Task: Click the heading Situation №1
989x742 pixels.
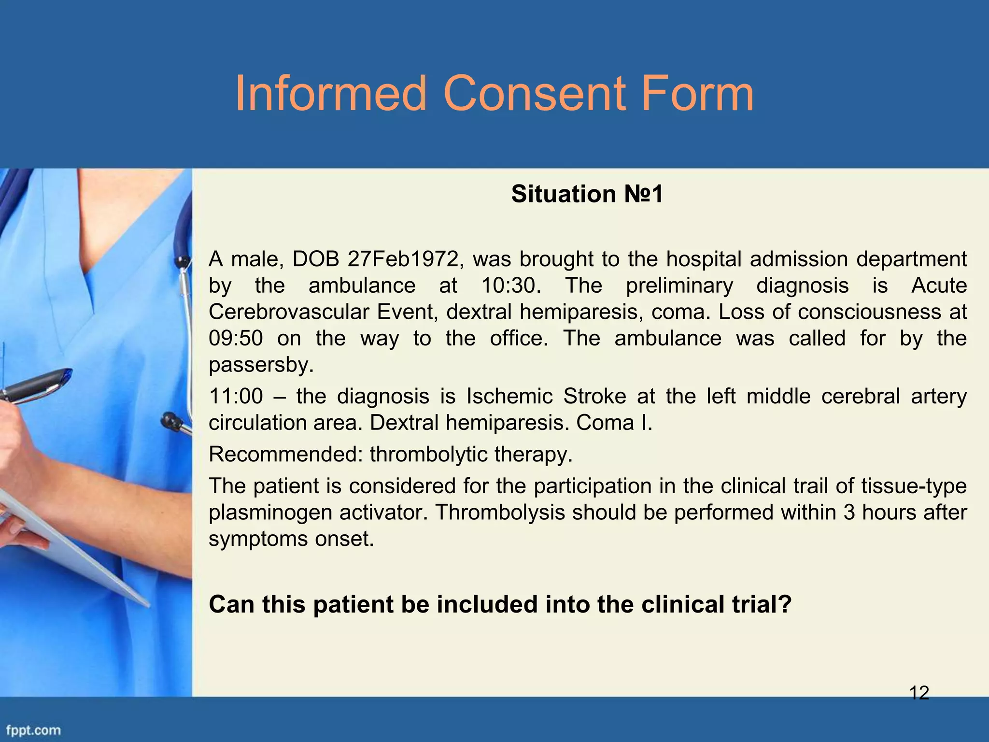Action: pyautogui.click(x=587, y=194)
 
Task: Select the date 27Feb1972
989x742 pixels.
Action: pyautogui.click(x=403, y=259)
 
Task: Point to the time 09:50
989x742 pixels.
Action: pyautogui.click(x=236, y=338)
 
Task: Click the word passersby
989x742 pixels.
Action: pyautogui.click(x=261, y=365)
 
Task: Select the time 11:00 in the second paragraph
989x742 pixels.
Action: pyautogui.click(x=236, y=397)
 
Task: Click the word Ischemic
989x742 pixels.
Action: pyautogui.click(x=509, y=397)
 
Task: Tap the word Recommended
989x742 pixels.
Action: pyautogui.click(x=285, y=455)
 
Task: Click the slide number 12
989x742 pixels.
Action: pyautogui.click(x=919, y=693)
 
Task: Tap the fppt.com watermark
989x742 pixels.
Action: pyautogui.click(x=33, y=730)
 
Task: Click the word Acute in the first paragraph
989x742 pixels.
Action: pyautogui.click(x=939, y=285)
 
